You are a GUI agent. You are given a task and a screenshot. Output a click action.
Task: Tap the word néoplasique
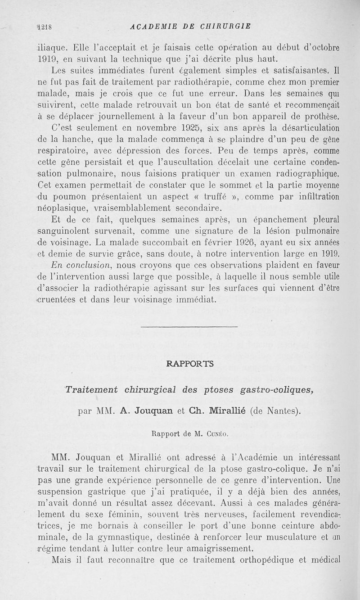pyautogui.click(x=65, y=208)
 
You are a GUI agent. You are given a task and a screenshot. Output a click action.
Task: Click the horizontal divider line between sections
pyautogui.click(x=189, y=326)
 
